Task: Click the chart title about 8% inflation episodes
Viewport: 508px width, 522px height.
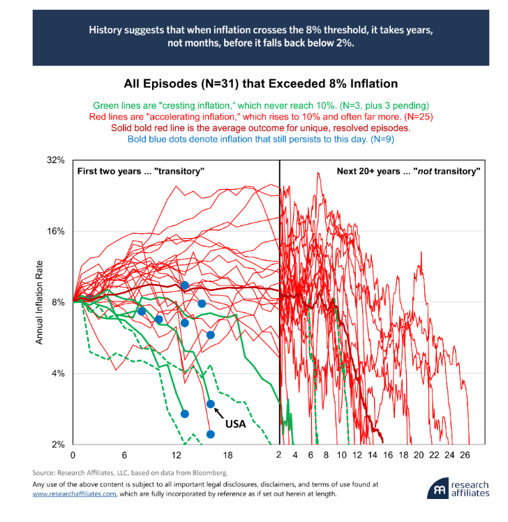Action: pos(260,84)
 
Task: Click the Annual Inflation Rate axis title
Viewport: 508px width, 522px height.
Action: pos(40,302)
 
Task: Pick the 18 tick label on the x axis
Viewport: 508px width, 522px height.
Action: pos(227,454)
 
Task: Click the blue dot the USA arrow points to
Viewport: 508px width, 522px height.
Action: pos(211,404)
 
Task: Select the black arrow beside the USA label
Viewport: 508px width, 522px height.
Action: pos(219,412)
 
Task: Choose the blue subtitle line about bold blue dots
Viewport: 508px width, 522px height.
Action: pos(260,140)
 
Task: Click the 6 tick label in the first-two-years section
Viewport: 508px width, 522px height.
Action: pos(124,454)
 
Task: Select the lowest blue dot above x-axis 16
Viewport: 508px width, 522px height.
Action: pos(211,434)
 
